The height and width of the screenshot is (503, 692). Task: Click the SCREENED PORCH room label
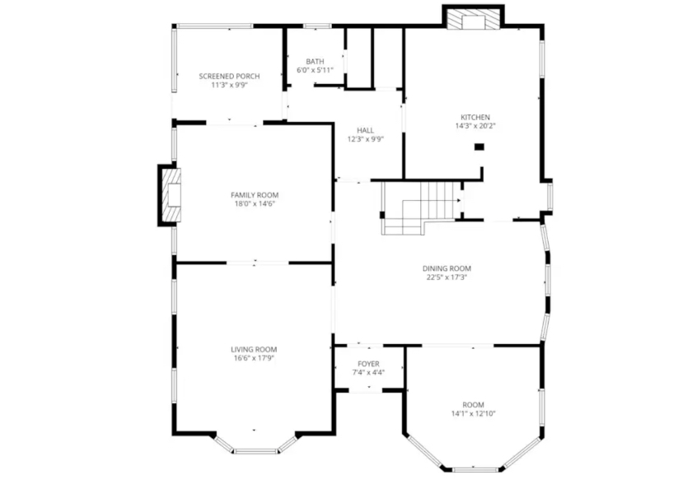229,77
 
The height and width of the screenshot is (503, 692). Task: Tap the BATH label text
315,62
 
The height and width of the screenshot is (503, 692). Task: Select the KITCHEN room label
475,117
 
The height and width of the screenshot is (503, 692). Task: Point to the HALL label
366,131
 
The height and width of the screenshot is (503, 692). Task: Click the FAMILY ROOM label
255,195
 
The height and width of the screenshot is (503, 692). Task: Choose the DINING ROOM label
447,268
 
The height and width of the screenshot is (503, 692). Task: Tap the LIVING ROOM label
254,350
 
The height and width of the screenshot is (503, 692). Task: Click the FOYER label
368,364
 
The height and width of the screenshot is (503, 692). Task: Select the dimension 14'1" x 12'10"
473,413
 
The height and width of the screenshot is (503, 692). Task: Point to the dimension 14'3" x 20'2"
475,126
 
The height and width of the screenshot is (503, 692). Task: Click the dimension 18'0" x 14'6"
255,203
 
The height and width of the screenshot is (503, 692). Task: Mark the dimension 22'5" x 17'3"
447,277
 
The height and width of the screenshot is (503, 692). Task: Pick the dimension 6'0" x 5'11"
315,70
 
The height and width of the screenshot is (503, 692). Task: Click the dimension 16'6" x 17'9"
254,358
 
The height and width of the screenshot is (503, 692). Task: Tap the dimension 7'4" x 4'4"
368,372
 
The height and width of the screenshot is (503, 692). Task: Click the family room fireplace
170,195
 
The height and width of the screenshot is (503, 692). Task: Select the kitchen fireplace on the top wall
473,17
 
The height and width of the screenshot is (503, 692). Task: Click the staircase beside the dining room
421,208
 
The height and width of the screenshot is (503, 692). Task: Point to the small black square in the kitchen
479,147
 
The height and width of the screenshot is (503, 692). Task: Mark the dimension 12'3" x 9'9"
366,139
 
